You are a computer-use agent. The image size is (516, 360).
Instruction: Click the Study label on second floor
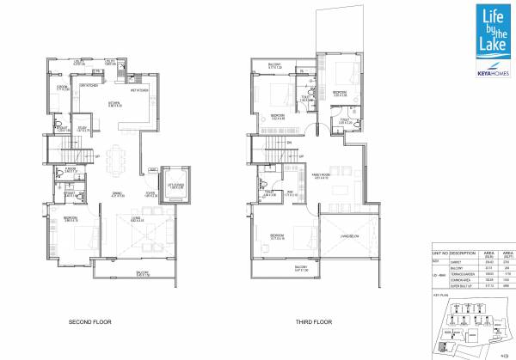pyautogui.click(x=83, y=131)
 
